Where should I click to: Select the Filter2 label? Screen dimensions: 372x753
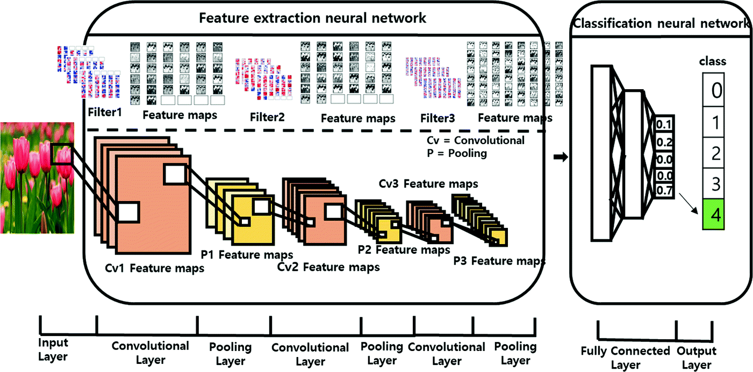click(267, 117)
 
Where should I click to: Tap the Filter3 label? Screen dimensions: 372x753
click(438, 117)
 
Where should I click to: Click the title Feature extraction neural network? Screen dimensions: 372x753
click(312, 18)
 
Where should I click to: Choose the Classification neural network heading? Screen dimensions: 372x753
click(661, 23)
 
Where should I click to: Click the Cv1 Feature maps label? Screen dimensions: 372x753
click(154, 268)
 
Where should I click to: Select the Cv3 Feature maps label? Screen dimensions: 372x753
click(428, 184)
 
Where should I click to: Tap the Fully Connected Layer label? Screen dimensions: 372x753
click(626, 357)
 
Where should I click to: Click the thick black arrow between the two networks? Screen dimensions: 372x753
click(560, 156)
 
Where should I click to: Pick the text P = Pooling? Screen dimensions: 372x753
click(454, 153)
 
